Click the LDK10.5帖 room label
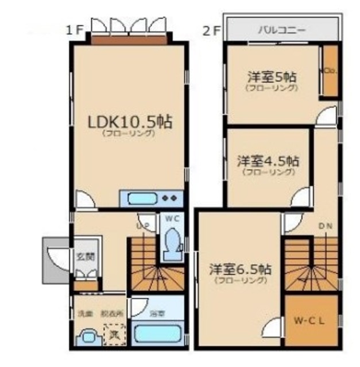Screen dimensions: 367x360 coord(130,122)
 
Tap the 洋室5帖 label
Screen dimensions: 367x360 coord(272,77)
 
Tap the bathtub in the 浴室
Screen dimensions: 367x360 coord(157,334)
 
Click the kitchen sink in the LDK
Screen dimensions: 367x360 coord(141,199)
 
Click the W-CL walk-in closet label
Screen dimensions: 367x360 coord(311,321)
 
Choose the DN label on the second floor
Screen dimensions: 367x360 coord(325,225)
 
